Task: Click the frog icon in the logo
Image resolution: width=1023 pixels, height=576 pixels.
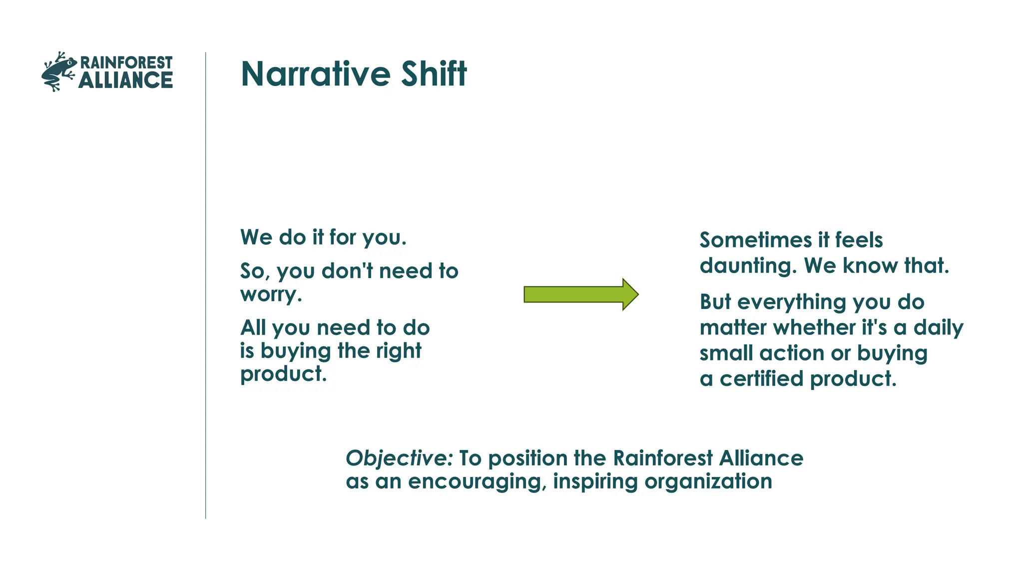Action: click(58, 72)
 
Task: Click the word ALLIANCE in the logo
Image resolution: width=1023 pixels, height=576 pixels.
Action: click(125, 80)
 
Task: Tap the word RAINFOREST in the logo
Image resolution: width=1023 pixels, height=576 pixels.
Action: click(126, 62)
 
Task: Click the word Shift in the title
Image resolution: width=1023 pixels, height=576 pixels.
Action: click(434, 74)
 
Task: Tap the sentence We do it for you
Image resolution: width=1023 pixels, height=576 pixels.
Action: click(323, 237)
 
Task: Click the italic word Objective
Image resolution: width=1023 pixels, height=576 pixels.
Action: click(398, 458)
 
